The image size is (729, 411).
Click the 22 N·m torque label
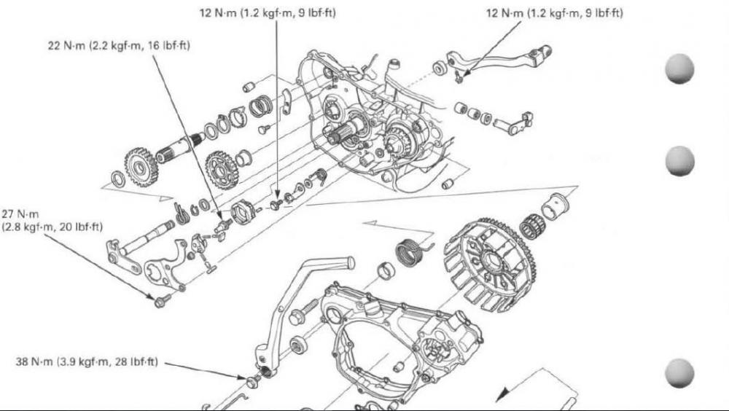119,46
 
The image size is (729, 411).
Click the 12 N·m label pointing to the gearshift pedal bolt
554,13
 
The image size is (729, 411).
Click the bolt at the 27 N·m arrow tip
160,300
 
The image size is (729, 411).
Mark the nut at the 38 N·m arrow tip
252,381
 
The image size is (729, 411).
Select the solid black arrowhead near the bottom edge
503,394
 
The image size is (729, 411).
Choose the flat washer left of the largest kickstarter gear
116,179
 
